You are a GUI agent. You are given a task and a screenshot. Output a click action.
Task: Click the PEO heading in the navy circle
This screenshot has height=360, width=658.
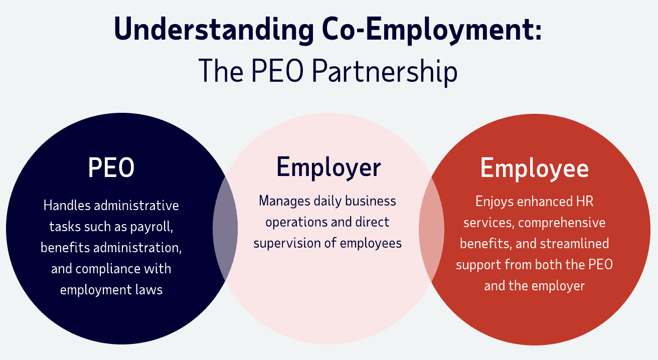[x=111, y=168]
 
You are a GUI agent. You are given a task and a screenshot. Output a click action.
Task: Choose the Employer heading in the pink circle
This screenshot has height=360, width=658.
[x=328, y=167]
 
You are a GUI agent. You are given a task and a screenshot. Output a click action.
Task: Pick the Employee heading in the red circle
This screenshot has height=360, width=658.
[x=534, y=168]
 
